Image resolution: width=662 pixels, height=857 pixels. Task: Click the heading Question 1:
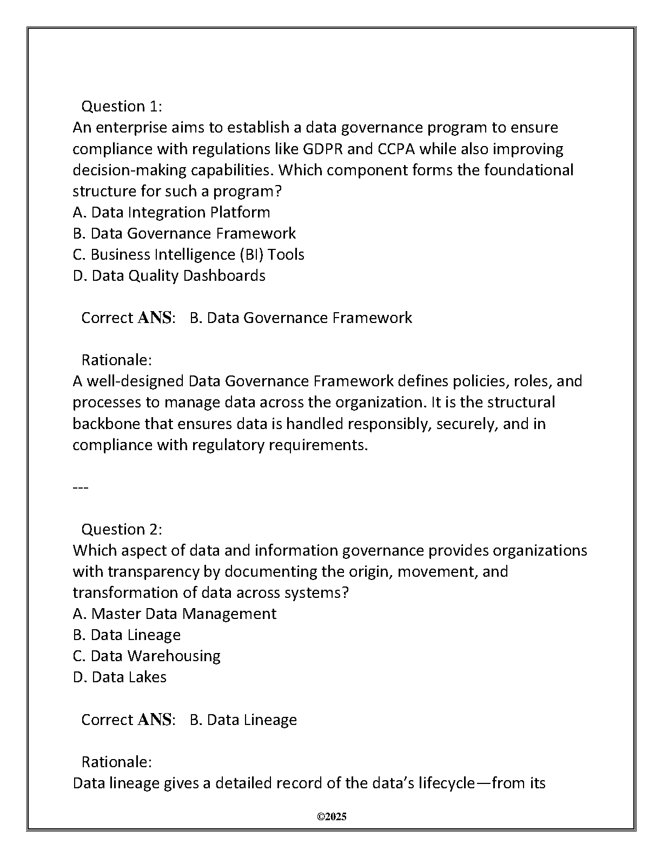click(x=122, y=106)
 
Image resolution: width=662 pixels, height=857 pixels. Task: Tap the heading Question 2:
click(x=122, y=529)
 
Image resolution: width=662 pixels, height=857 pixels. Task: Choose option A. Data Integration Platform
click(x=171, y=212)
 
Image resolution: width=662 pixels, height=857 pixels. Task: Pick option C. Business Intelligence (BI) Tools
click(x=188, y=254)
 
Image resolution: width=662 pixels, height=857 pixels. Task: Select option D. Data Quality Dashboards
click(x=169, y=275)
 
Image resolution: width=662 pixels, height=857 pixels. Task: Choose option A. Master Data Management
click(x=174, y=614)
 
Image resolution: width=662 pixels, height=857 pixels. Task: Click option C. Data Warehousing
click(x=147, y=656)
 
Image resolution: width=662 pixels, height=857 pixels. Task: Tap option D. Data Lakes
click(x=120, y=677)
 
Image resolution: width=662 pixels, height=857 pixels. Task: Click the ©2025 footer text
click(x=332, y=817)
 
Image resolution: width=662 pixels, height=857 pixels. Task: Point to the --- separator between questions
click(x=80, y=487)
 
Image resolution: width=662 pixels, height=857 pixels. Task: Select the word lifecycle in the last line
click(x=446, y=783)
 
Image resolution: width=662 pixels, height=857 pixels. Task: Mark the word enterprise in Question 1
click(x=131, y=128)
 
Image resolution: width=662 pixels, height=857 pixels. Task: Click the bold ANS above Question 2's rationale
click(x=155, y=720)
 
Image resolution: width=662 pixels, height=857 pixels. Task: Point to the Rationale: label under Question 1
click(x=116, y=360)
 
